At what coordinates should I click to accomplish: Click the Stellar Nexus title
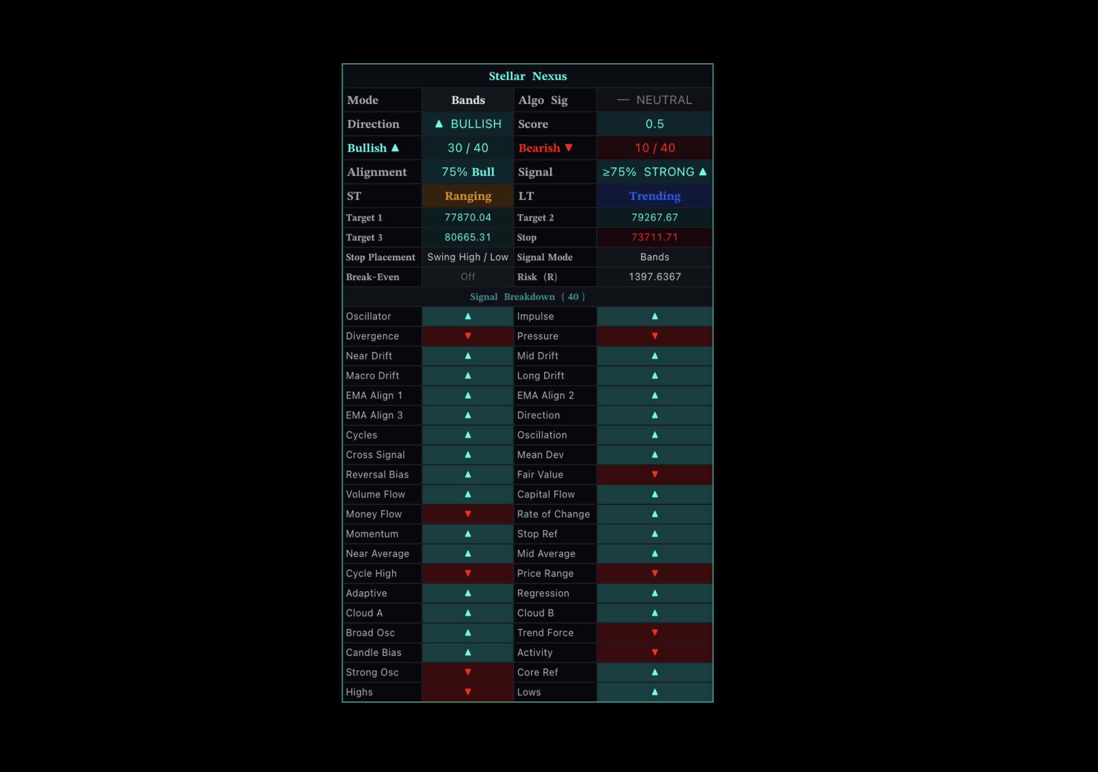527,76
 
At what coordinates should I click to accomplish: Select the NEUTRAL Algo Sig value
655,100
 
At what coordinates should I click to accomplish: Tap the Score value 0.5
655,124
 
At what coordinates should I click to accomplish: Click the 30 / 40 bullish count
467,148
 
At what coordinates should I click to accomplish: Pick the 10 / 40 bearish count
655,148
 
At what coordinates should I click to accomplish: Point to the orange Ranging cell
467,196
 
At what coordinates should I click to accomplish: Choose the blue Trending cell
655,196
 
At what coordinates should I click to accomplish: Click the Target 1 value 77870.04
467,217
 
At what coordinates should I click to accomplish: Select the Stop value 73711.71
655,238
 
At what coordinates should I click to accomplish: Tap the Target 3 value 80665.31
467,238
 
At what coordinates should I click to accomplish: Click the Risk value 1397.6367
655,277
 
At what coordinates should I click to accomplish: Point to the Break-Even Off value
467,277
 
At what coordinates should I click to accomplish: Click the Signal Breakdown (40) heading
527,297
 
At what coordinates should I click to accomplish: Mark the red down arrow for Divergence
467,336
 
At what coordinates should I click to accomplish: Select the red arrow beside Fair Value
655,475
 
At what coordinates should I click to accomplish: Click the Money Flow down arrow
467,514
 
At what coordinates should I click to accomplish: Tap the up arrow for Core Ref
655,672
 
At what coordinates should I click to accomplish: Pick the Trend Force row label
545,633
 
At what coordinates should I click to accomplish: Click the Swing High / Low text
467,257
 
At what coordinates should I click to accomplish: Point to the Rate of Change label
553,514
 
